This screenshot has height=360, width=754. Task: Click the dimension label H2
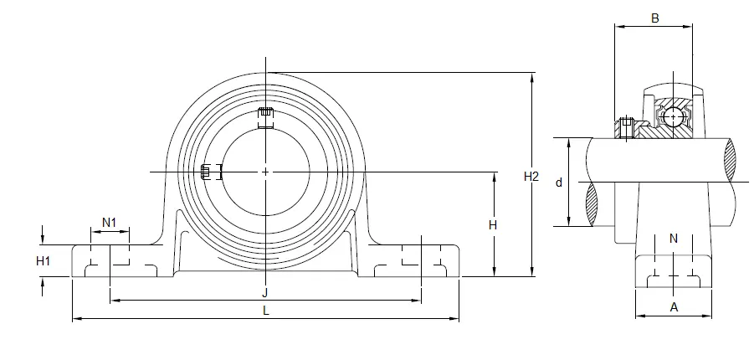click(531, 177)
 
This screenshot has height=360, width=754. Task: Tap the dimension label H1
click(44, 261)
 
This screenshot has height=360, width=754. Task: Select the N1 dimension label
click(109, 223)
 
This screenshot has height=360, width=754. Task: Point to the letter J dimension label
click(265, 293)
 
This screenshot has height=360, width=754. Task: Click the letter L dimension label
click(266, 311)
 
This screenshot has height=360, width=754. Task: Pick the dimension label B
click(654, 18)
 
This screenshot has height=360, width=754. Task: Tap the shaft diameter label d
click(559, 183)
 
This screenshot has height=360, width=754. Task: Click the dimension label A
click(674, 307)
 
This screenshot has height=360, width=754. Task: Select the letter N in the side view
click(674, 239)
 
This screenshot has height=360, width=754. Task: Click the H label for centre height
click(493, 224)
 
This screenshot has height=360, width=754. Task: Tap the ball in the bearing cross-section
click(672, 117)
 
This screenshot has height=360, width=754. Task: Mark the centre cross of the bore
click(266, 172)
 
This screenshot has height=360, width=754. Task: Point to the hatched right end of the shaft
click(730, 160)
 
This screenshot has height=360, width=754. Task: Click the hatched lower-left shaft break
click(592, 204)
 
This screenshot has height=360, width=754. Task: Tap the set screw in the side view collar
click(626, 127)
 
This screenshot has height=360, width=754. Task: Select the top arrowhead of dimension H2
click(532, 76)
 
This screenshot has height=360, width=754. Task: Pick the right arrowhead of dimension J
click(417, 301)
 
